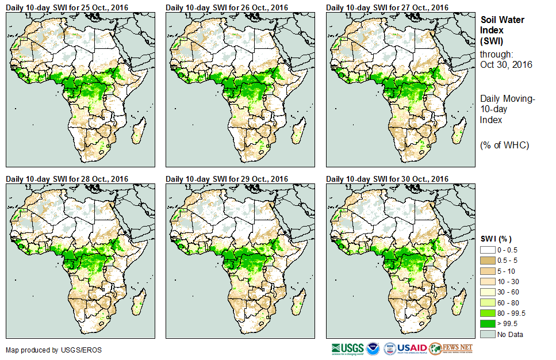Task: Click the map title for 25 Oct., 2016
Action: coord(67,7)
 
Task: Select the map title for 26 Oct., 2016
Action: coord(227,7)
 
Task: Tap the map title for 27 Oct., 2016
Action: coord(387,7)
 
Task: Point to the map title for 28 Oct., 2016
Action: coord(67,179)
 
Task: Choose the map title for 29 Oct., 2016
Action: coord(227,179)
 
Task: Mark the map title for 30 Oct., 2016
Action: coord(387,179)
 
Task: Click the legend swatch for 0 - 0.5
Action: coord(487,250)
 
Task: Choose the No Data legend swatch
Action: coord(487,334)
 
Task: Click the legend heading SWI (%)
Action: coord(496,239)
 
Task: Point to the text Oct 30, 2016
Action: coord(506,64)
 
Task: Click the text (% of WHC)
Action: coord(504,145)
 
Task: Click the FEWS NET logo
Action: coord(451,348)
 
